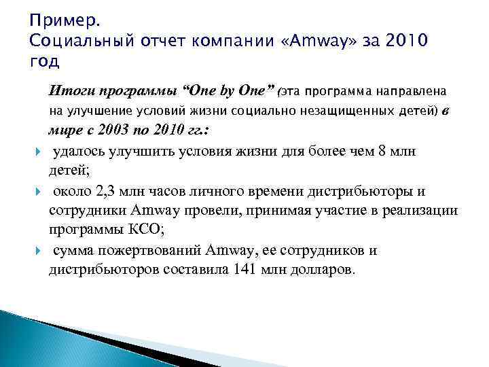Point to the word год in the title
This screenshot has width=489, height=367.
click(x=45, y=63)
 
